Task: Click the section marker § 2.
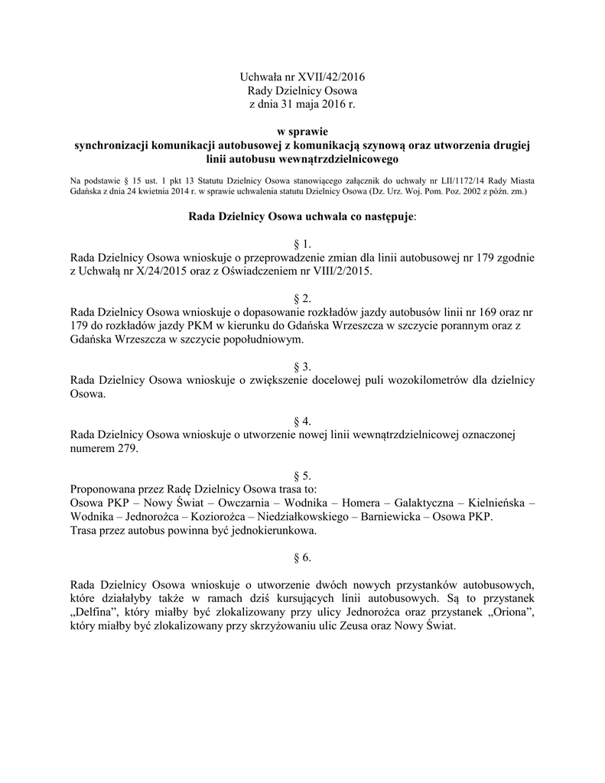coord(302,299)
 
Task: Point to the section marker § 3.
coord(302,367)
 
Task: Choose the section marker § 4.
coord(302,421)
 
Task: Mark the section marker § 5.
coord(302,476)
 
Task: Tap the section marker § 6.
coord(302,557)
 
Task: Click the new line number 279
coord(127,449)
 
